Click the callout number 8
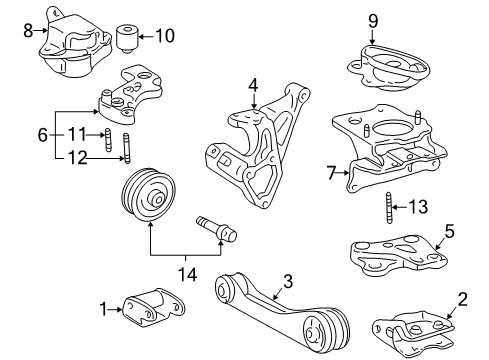(28, 31)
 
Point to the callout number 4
(254, 86)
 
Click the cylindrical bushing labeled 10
(128, 37)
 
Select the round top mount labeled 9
(384, 64)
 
